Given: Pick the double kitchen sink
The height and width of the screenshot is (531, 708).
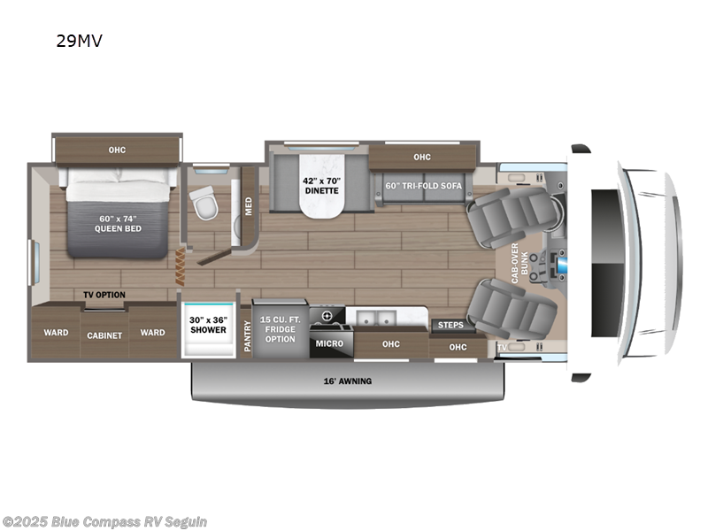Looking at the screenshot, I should coord(378,316).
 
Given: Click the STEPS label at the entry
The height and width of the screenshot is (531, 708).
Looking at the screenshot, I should coord(450,325).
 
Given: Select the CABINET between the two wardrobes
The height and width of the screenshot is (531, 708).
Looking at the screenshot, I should coord(104,335).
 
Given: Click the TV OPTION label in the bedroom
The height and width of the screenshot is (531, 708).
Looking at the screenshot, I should coord(104,295).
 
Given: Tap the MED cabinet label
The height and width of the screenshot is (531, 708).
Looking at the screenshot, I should coord(249,206).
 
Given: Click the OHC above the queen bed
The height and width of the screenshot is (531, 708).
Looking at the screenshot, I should coord(117,150).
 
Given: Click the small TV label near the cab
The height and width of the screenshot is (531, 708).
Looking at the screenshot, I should coord(502,348).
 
